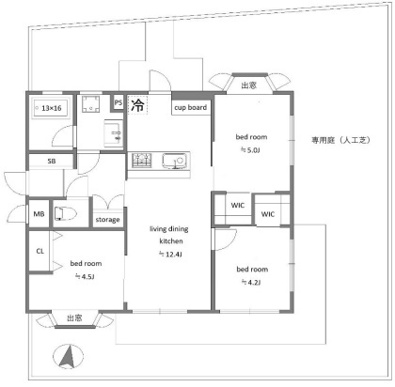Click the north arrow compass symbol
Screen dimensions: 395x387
tap(69, 357)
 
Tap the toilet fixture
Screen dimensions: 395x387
tap(65, 214)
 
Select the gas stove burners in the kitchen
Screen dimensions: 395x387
tap(142, 161)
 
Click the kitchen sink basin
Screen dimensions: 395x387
tap(174, 161)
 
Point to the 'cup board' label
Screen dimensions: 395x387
tap(191, 107)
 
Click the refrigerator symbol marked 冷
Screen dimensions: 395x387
tap(137, 105)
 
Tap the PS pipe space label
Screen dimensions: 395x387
tap(118, 102)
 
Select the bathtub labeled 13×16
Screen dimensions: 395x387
tap(52, 108)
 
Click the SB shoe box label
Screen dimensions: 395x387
tap(52, 162)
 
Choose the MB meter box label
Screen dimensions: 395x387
tap(39, 214)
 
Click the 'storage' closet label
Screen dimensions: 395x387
tap(107, 220)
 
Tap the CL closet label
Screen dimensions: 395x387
tap(40, 251)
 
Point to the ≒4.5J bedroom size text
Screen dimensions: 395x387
tap(85, 277)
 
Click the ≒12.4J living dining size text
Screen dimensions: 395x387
tap(170, 255)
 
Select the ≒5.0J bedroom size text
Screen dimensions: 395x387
tap(250, 150)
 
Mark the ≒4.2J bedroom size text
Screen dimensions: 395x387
tap(251, 283)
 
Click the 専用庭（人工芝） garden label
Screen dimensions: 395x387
tap(340, 140)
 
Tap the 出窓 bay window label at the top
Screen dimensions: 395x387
tap(249, 85)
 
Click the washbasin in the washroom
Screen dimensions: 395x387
tap(114, 133)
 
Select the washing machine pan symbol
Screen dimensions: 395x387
tap(91, 104)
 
